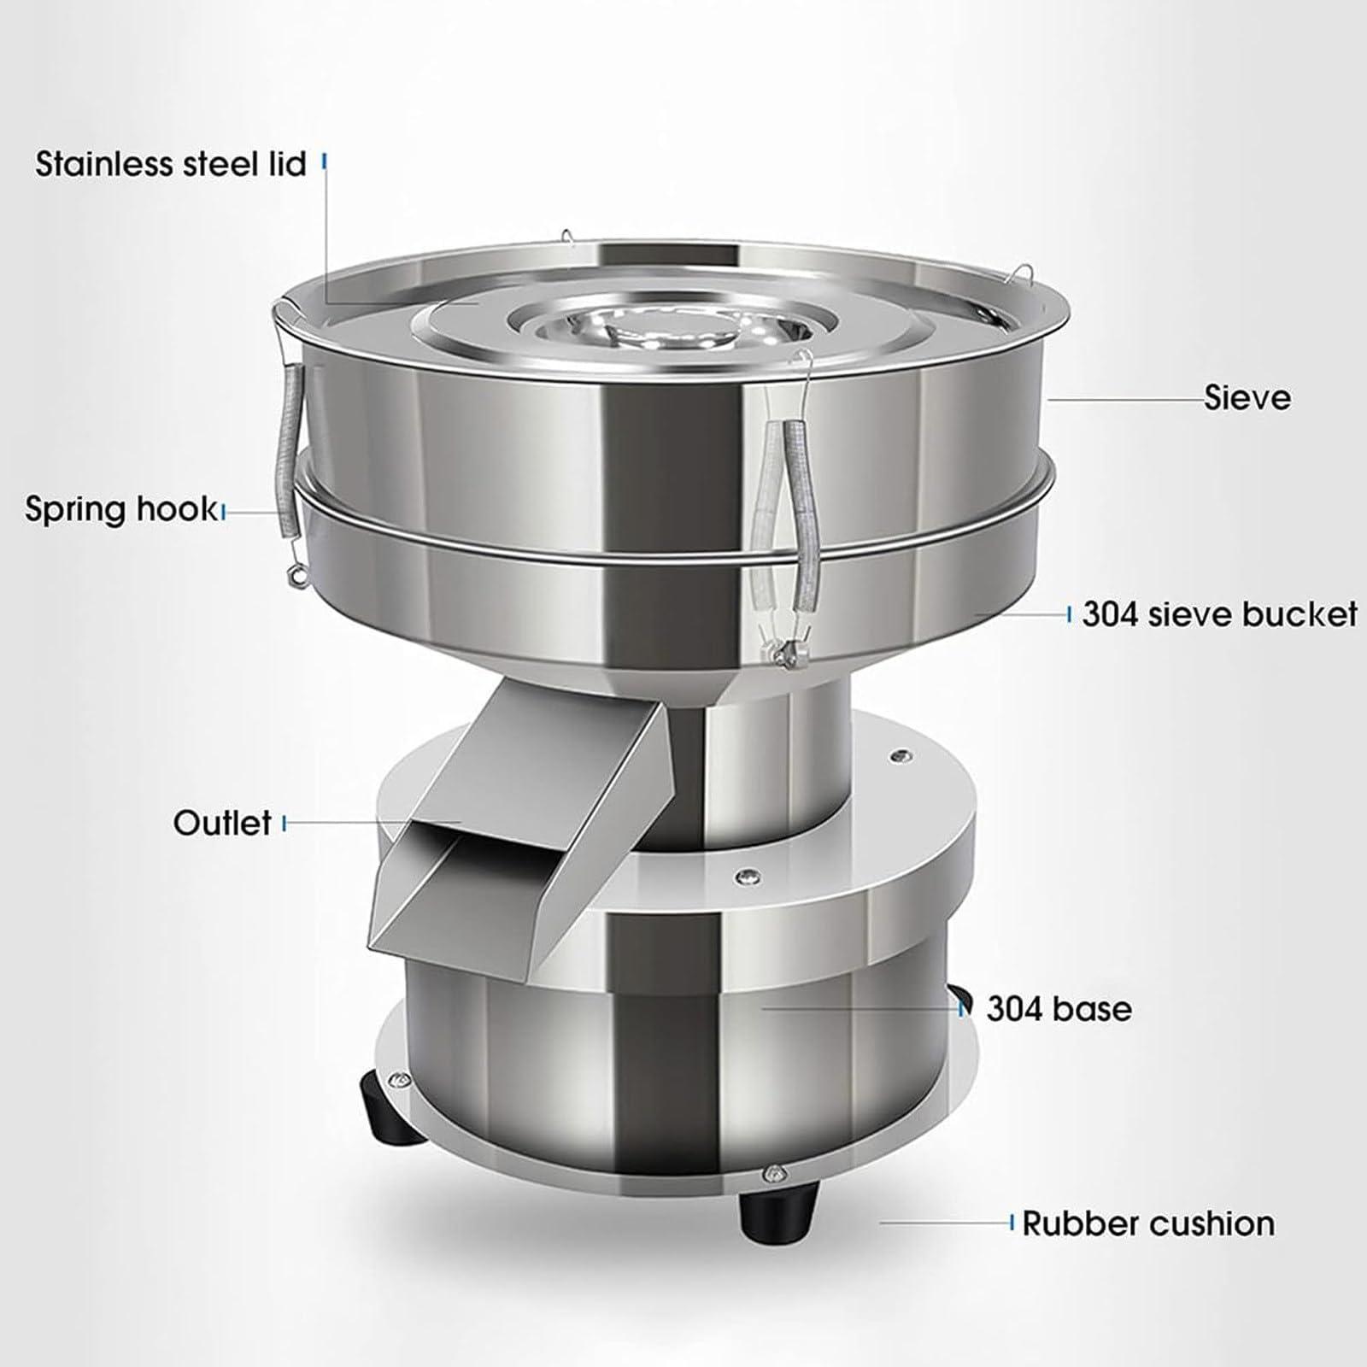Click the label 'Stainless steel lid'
tap(170, 163)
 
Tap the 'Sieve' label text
tap(1247, 397)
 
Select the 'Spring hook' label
tap(120, 509)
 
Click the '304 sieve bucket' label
tap(1219, 614)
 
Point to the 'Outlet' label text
tap(222, 823)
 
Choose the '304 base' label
tap(1059, 1009)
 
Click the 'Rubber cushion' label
tap(1147, 1223)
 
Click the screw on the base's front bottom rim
tap(774, 1173)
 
